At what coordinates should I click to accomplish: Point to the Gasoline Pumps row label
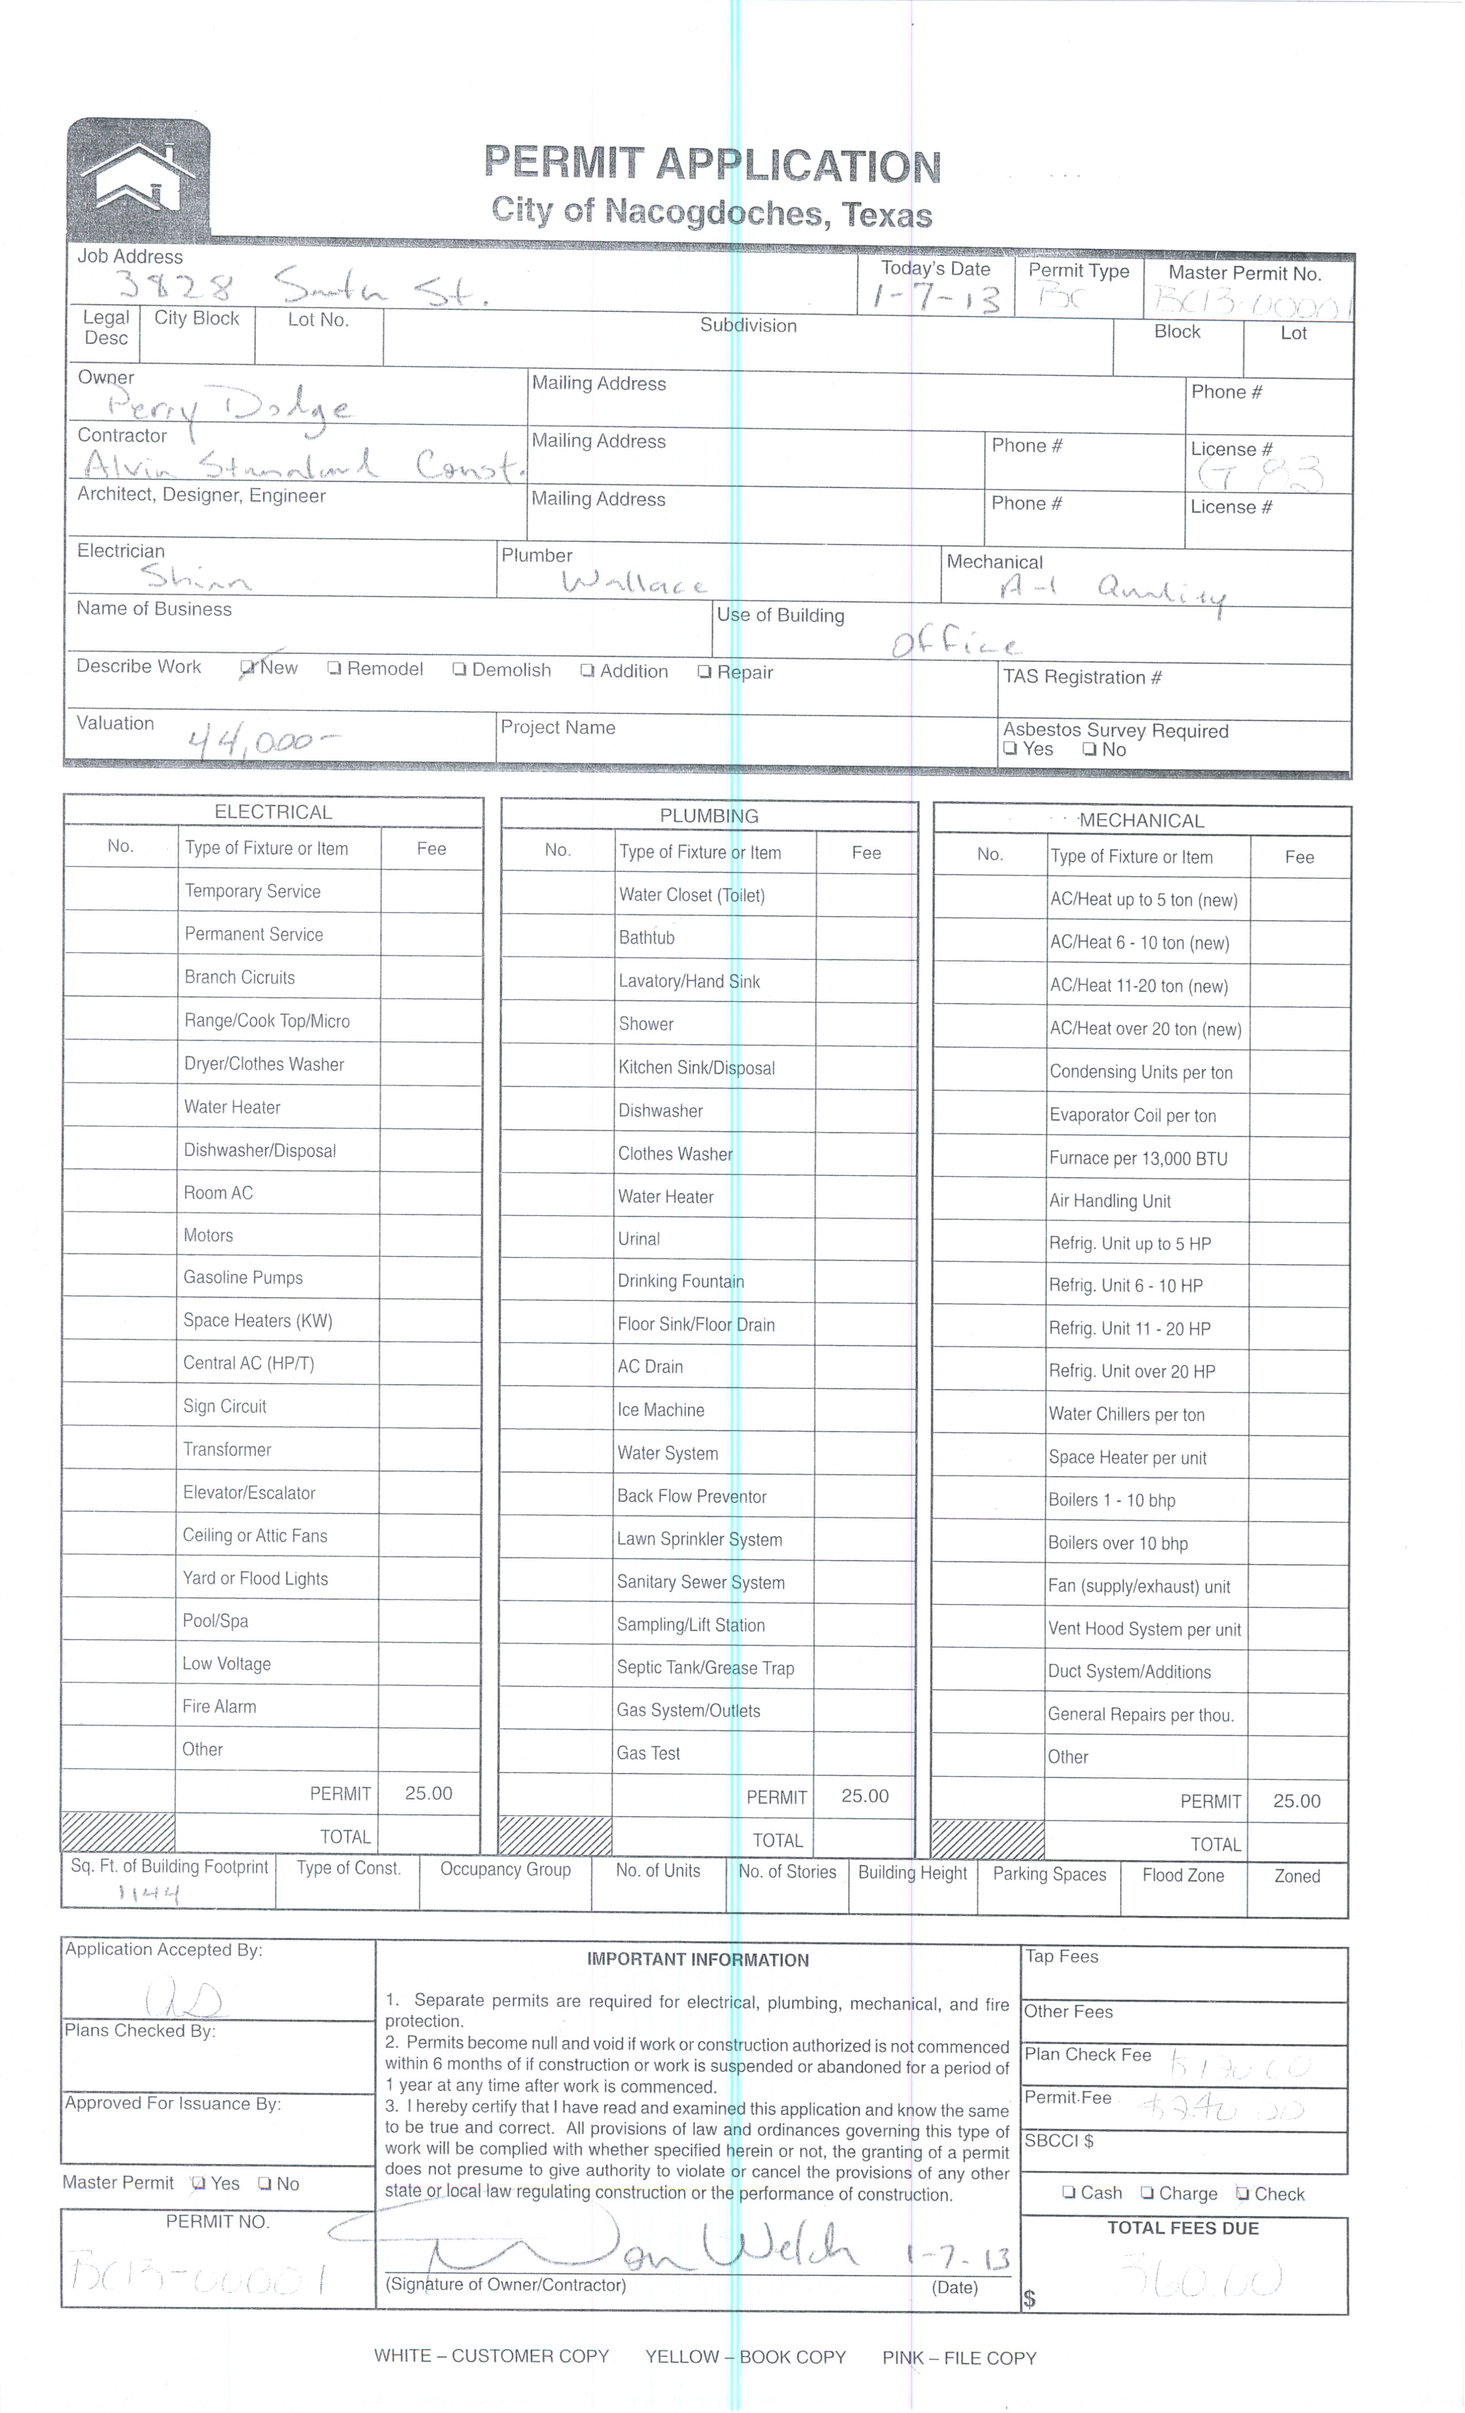(x=243, y=1278)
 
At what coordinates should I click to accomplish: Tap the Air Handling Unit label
(x=1109, y=1201)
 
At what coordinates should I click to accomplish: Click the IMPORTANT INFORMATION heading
(x=697, y=1960)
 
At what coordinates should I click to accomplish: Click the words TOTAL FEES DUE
(x=1182, y=2228)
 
